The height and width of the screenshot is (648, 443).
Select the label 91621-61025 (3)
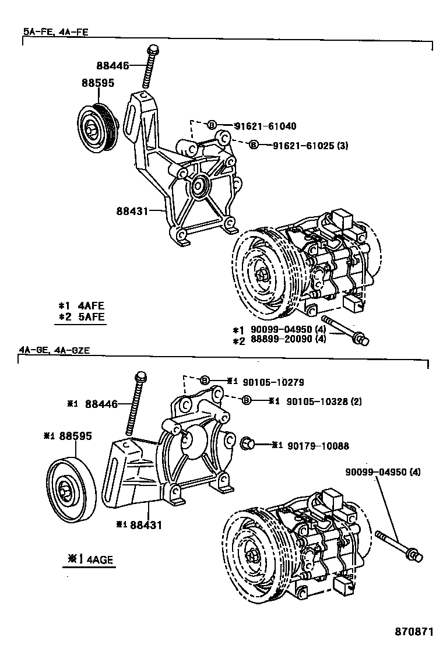coord(310,145)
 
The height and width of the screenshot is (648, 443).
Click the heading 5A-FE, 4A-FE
coord(56,32)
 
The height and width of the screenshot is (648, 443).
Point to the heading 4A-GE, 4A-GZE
coord(54,350)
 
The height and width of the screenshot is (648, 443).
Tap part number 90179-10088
coord(318,446)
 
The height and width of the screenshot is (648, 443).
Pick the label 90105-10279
coord(271,382)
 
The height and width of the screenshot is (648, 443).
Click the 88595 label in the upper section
coord(97,83)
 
